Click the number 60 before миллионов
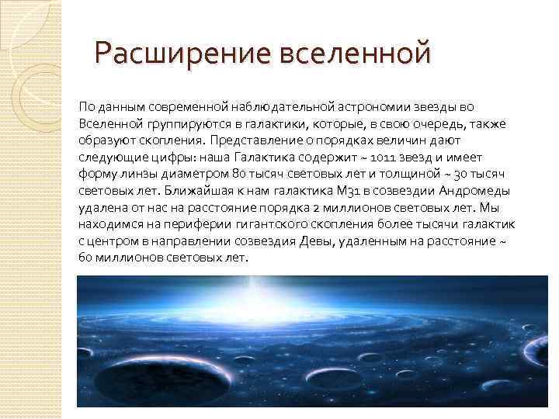click(x=85, y=258)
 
